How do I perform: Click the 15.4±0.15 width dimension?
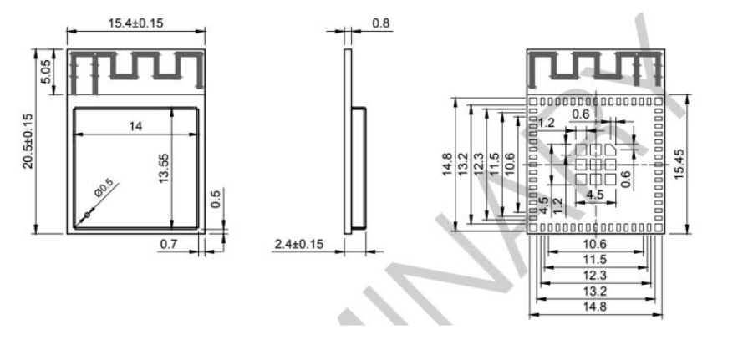(x=135, y=23)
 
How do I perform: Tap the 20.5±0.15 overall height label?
(x=27, y=141)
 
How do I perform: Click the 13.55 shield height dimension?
(x=165, y=168)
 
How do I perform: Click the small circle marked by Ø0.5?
(x=84, y=215)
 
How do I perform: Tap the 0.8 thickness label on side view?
(x=380, y=23)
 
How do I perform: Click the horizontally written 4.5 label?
(x=596, y=195)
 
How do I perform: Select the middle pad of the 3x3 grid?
(x=595, y=164)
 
